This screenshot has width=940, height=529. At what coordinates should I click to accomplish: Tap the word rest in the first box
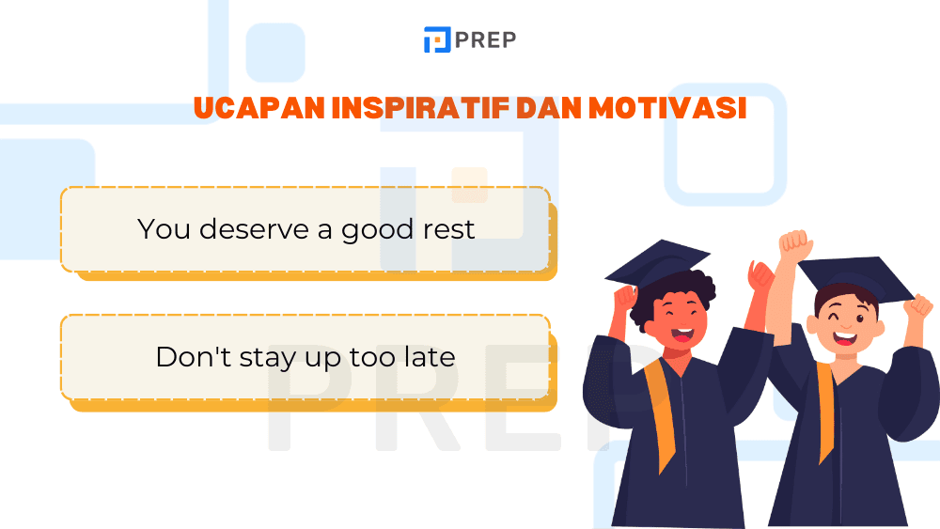coord(449,229)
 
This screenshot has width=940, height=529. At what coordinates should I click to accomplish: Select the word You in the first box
coord(163,229)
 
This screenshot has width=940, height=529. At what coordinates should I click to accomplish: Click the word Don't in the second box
coord(186,357)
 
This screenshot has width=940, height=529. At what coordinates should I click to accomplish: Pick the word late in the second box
coord(429,357)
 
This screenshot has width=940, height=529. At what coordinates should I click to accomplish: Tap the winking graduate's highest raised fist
coord(794,246)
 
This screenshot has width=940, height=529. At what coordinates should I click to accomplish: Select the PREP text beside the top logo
coord(485,40)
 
